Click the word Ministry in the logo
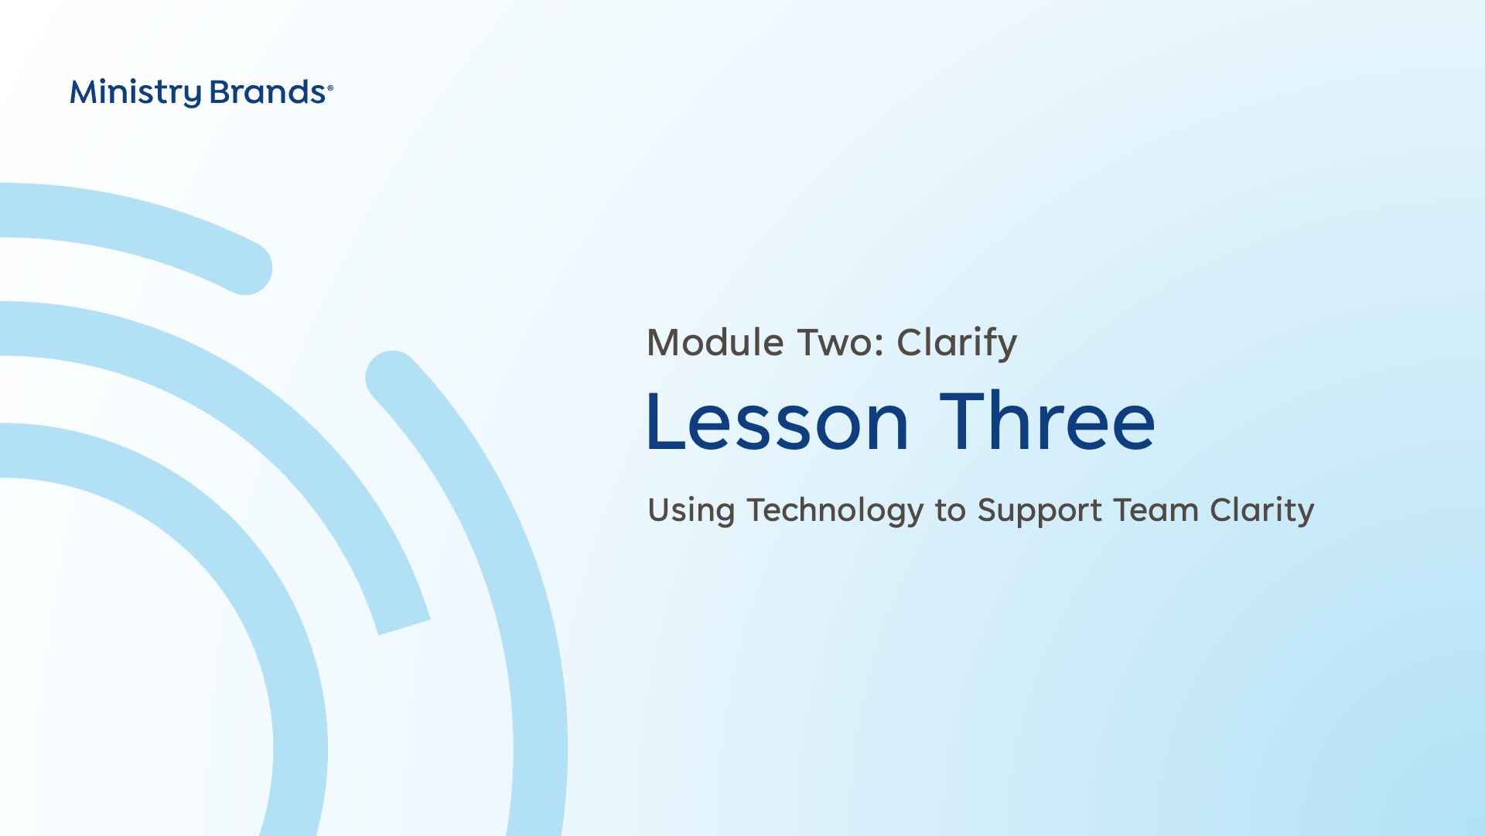pyautogui.click(x=135, y=93)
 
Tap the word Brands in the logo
pyautogui.click(x=268, y=92)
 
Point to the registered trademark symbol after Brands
pyautogui.click(x=330, y=88)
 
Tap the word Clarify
pyautogui.click(x=957, y=344)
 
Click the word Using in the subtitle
pyautogui.click(x=691, y=512)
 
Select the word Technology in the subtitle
pyautogui.click(x=835, y=511)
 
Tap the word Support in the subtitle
pyautogui.click(x=1039, y=512)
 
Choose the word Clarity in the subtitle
pyautogui.click(x=1262, y=511)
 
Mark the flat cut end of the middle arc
pyautogui.click(x=404, y=627)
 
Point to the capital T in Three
pyautogui.click(x=963, y=420)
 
